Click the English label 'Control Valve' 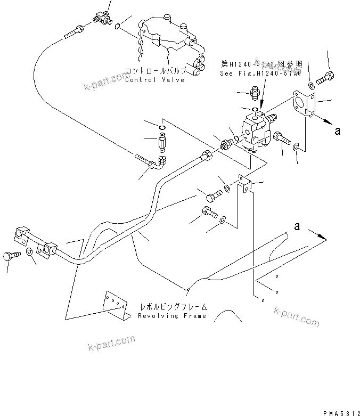(x=154, y=80)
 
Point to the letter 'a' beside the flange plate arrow (x=337, y=130)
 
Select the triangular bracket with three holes (x=117, y=306)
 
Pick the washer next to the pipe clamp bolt (x=29, y=252)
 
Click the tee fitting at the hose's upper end (x=102, y=18)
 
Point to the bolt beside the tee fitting (x=73, y=31)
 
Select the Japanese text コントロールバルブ (x=156, y=71)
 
